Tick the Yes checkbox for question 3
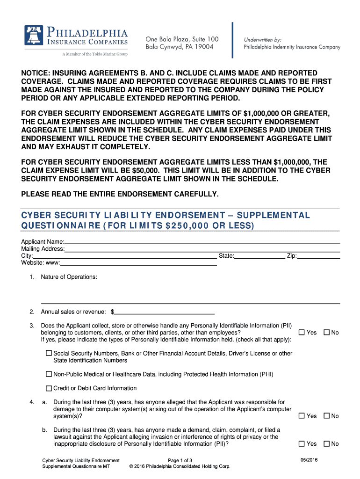click(302, 333)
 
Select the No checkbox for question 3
click(326, 333)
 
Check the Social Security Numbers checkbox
click(49, 354)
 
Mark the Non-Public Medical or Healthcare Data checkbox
click(49, 374)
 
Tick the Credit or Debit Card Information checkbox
click(49, 388)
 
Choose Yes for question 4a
click(302, 416)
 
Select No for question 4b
click(326, 444)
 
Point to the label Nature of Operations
click(69, 277)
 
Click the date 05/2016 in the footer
click(309, 460)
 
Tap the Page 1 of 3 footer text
click(180, 460)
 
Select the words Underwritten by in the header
click(262, 40)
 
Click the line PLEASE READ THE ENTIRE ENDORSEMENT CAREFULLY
click(120, 194)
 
